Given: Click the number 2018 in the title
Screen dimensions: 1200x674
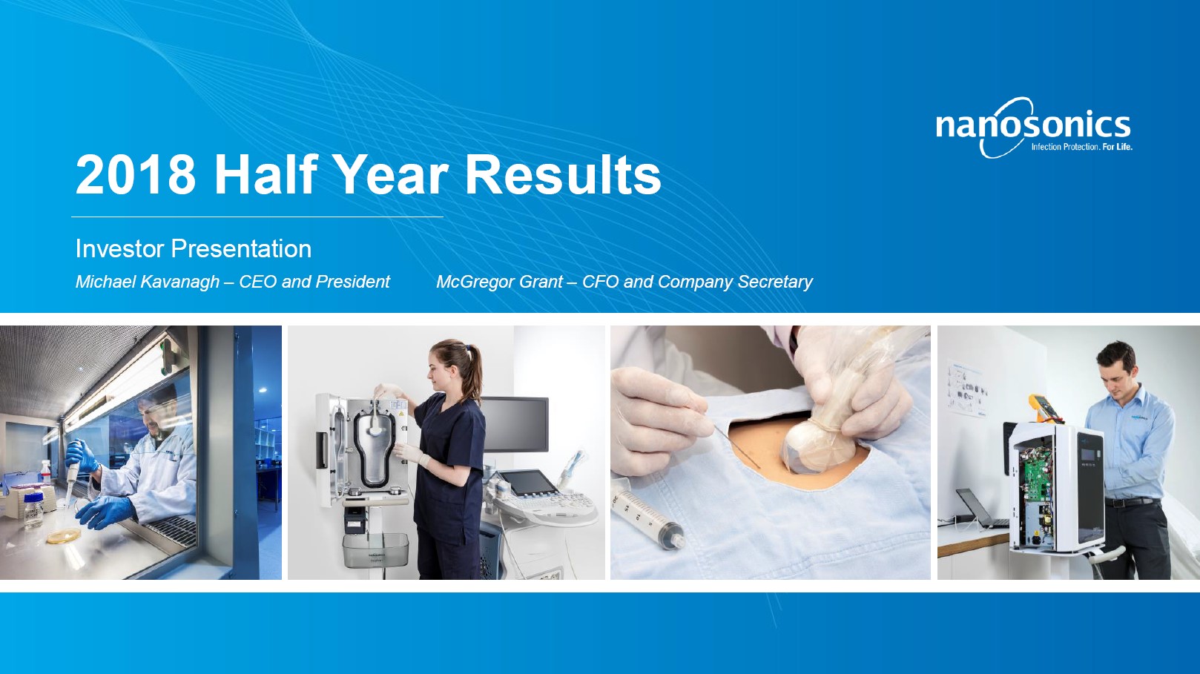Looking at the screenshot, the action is tap(136, 175).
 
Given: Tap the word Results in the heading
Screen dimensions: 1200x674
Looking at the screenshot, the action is tap(563, 175).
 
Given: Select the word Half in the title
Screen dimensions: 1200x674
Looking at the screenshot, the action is tap(266, 175).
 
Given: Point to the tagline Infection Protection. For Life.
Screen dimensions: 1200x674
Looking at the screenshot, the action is tap(1081, 147).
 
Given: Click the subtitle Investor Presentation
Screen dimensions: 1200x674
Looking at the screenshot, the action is tap(194, 248).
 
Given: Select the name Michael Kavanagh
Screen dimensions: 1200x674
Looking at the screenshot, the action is tap(148, 282).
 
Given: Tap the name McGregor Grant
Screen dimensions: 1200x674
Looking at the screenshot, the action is tap(499, 282).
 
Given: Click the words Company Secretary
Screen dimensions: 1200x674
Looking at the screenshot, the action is tap(735, 282).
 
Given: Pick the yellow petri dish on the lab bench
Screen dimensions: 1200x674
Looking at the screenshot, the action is tap(63, 536).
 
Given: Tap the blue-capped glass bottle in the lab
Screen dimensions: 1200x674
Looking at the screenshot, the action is tap(33, 511).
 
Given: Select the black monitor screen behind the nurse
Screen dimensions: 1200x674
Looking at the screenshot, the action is tap(515, 424).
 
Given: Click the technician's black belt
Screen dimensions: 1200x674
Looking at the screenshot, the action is tap(1132, 502).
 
